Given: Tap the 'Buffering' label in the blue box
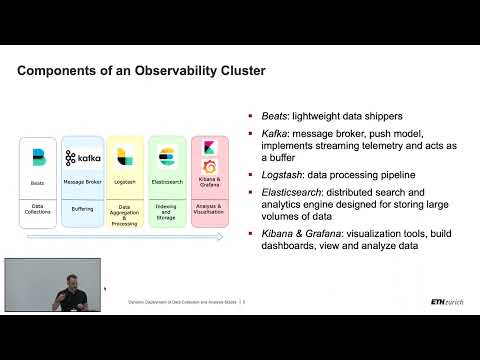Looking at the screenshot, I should coord(83,209).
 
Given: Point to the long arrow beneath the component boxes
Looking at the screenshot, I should coord(125,238).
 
